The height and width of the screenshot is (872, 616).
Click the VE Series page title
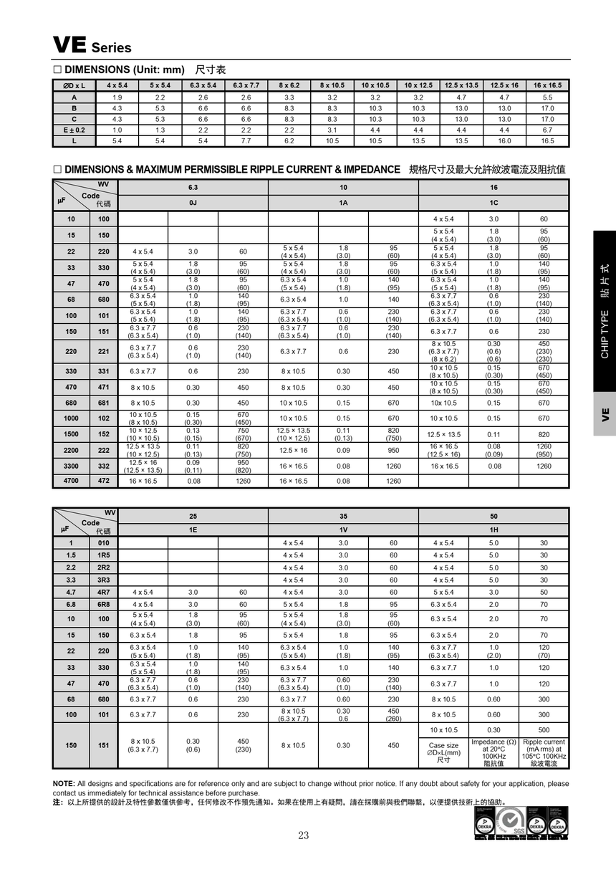[92, 46]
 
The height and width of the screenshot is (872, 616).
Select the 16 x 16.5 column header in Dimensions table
[547, 85]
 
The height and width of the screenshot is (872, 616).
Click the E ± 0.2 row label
[74, 130]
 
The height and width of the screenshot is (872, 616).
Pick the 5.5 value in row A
[547, 97]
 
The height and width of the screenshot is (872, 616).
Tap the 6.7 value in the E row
[547, 130]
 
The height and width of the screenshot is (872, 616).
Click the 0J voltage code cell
[193, 203]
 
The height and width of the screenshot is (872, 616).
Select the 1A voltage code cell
[343, 203]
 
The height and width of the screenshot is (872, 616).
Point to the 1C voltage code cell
[494, 203]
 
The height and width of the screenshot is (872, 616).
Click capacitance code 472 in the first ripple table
[104, 481]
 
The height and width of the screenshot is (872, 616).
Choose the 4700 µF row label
[72, 481]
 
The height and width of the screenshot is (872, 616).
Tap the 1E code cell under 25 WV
[193, 530]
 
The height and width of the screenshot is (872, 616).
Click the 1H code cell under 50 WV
[494, 530]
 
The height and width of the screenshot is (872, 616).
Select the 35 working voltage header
[343, 516]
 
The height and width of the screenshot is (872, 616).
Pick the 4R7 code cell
[104, 593]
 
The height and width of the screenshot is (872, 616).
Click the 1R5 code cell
[104, 555]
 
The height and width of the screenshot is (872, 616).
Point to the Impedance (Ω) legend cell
[494, 752]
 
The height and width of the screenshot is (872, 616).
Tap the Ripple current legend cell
[544, 752]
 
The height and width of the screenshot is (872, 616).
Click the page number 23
[304, 835]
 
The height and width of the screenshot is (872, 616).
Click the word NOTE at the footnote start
[64, 783]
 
